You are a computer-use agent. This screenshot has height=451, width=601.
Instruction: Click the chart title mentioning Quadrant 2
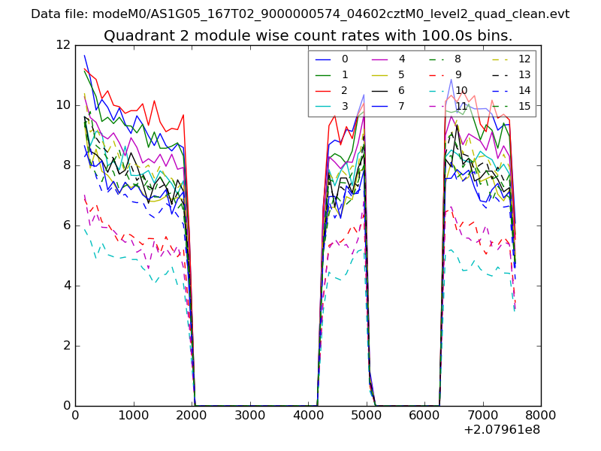point(308,35)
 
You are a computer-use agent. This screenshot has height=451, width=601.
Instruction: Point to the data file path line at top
point(300,14)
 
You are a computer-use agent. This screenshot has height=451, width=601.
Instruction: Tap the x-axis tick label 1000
point(133,414)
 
